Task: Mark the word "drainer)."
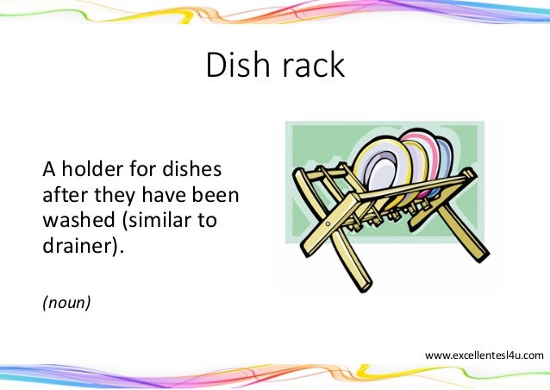84,246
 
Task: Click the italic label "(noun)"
66,303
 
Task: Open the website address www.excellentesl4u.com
484,355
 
